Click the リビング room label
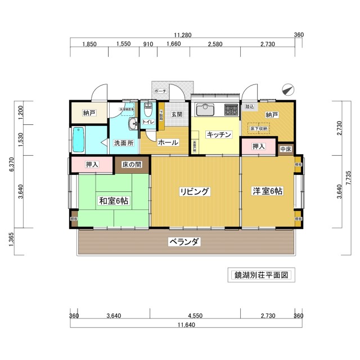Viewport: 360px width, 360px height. tap(195, 192)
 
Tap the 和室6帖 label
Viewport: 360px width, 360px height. tap(114, 200)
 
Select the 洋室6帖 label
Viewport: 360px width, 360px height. tap(267, 191)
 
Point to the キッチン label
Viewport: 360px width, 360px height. tap(219, 134)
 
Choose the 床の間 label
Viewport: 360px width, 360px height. tap(132, 164)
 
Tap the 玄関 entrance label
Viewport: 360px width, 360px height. tap(177, 114)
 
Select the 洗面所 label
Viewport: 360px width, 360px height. tap(123, 143)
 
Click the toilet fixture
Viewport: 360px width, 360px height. tap(148, 109)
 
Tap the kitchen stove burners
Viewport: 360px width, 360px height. tap(231, 109)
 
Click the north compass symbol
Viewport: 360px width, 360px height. tap(288, 89)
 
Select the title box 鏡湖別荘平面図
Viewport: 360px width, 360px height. tap(261, 276)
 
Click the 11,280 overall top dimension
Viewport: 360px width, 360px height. tap(183, 35)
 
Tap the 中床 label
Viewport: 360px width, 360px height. tap(285, 149)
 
